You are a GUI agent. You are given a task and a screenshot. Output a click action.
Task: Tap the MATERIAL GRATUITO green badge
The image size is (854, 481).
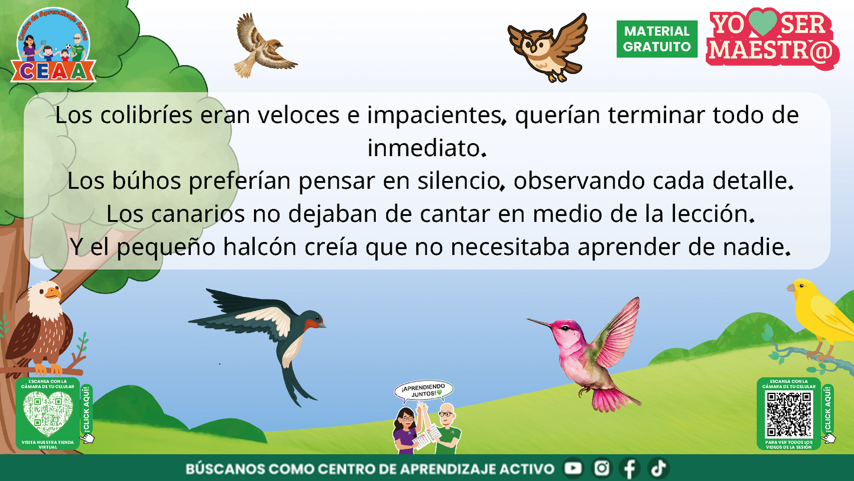pyautogui.click(x=657, y=39)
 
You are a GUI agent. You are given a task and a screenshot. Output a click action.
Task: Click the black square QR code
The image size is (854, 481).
pyautogui.click(x=788, y=414)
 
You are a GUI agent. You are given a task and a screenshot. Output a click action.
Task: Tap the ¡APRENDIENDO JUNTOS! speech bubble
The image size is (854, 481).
pyautogui.click(x=424, y=390)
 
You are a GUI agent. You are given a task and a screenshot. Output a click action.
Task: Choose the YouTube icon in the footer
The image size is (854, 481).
pyautogui.click(x=573, y=469)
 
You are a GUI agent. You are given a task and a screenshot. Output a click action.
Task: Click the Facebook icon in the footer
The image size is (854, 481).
pyautogui.click(x=629, y=469)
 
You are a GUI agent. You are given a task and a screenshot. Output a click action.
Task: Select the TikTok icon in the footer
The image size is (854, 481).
pyautogui.click(x=657, y=469)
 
